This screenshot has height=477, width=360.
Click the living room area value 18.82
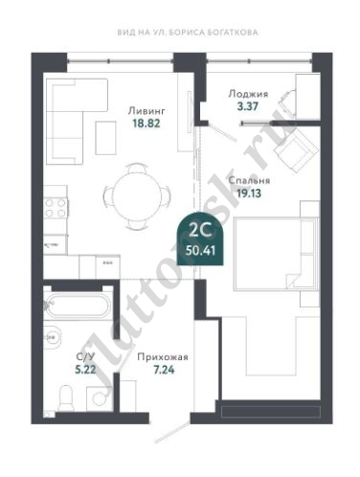click(x=146, y=124)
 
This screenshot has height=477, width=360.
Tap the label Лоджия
click(x=248, y=94)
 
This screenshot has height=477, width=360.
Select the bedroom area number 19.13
click(x=249, y=193)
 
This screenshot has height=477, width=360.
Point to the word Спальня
click(x=249, y=180)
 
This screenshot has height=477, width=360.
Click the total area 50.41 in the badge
click(x=201, y=250)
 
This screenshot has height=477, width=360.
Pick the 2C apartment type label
click(x=200, y=230)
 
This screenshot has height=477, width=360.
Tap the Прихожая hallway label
click(x=163, y=357)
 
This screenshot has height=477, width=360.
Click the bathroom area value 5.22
click(x=85, y=370)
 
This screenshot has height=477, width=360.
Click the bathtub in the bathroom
click(x=78, y=306)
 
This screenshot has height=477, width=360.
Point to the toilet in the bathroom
click(x=66, y=398)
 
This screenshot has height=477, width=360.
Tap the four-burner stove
click(x=56, y=208)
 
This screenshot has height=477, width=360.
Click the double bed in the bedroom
click(x=277, y=254)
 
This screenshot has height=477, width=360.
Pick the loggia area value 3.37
click(x=248, y=106)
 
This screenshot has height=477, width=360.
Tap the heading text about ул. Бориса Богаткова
click(x=188, y=33)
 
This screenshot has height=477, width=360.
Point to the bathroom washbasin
click(x=52, y=337)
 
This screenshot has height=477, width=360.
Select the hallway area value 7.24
click(x=164, y=370)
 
